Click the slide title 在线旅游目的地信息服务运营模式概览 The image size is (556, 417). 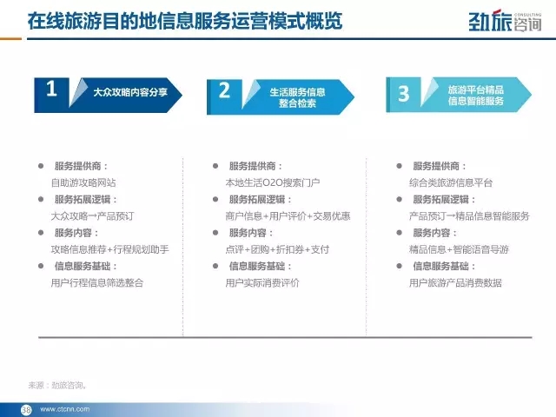[185, 21]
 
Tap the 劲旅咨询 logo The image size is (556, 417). [505, 22]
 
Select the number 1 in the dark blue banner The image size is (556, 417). [51, 89]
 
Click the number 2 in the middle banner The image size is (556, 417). [224, 90]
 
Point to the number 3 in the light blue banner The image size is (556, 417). [403, 94]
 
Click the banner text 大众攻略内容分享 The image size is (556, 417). [130, 93]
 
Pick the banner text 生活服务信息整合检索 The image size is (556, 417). [297, 97]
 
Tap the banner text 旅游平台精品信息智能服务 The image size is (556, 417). [475, 95]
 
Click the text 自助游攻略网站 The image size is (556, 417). [83, 182]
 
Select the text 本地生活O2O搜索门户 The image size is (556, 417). [272, 182]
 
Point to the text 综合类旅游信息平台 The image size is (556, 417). [451, 182]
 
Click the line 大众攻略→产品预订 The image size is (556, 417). [92, 216]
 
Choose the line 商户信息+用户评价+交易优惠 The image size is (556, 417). [288, 216]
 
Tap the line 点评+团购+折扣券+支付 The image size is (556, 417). [277, 249]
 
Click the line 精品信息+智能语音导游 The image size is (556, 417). [459, 249]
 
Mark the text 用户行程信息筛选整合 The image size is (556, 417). [97, 282]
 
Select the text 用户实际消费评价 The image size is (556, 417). [262, 282]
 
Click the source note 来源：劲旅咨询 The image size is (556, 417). [57, 385]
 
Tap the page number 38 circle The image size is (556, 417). [26, 409]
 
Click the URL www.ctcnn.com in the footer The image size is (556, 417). [65, 409]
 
